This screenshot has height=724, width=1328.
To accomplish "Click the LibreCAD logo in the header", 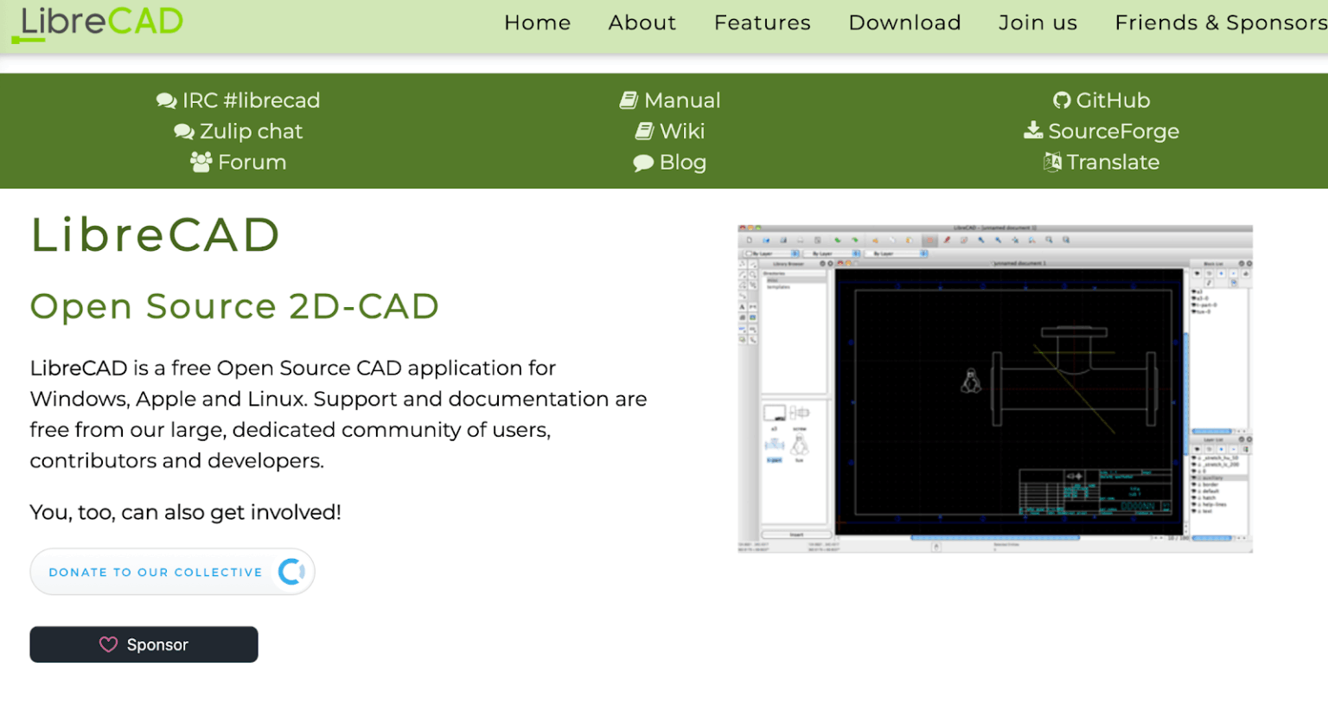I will click(x=98, y=22).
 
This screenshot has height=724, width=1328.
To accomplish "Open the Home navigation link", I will click(x=537, y=22).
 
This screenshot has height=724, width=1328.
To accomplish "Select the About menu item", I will click(x=642, y=22).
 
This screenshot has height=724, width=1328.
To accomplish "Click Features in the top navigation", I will click(x=762, y=22).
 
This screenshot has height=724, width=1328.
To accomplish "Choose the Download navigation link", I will click(x=904, y=22).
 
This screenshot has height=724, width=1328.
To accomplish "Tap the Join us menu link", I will click(x=1037, y=22).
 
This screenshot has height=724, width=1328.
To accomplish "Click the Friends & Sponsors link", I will click(x=1220, y=22).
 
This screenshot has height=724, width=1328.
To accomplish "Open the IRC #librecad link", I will click(x=239, y=100).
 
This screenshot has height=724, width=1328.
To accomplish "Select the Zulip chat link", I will click(x=239, y=131).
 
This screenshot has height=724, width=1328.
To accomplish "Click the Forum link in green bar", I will click(x=239, y=163).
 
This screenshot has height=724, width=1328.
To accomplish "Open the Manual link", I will click(x=670, y=100).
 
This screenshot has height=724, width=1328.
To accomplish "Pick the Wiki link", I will click(x=670, y=131).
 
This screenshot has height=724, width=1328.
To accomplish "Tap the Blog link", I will click(x=670, y=163).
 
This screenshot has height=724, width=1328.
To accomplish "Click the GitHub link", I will click(x=1101, y=100).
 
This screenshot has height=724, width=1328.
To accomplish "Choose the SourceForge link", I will click(x=1101, y=131).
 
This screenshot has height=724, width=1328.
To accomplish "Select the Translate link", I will click(x=1101, y=163).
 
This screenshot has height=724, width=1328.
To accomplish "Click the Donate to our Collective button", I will click(x=172, y=572).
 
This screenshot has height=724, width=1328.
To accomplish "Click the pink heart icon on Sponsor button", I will click(x=108, y=644).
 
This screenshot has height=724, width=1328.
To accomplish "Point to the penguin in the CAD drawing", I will click(x=971, y=381).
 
